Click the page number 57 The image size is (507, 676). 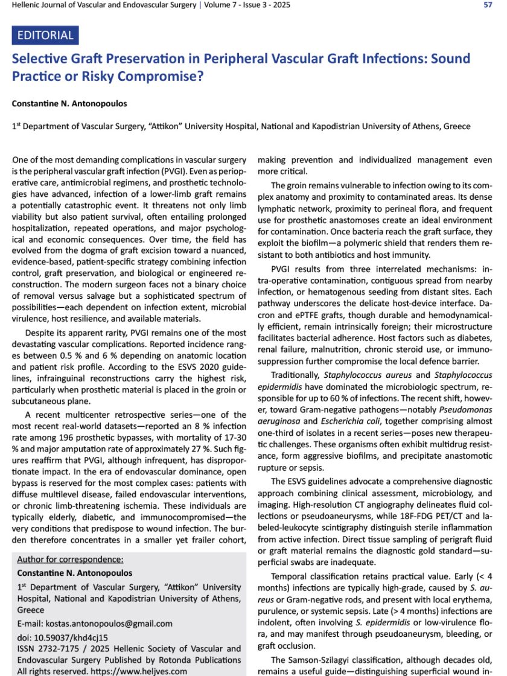point(488,5)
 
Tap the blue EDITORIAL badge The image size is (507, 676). point(45,36)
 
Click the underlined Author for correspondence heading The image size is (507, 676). point(70,559)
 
